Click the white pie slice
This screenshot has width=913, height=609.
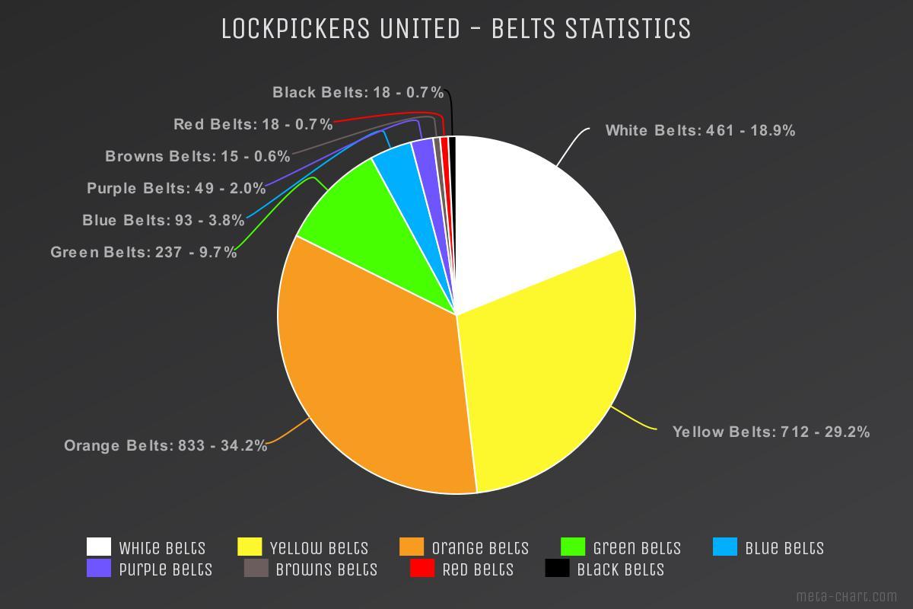click(525, 221)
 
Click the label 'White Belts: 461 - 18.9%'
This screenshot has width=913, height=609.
click(700, 131)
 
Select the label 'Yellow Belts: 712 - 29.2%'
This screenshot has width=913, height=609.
click(771, 432)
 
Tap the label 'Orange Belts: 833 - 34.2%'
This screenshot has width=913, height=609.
click(166, 446)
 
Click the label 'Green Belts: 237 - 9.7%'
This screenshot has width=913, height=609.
click(144, 252)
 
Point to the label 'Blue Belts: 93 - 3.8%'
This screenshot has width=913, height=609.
click(164, 221)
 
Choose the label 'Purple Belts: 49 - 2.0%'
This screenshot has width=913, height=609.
click(177, 188)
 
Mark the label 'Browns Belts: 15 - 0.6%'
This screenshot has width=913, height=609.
click(198, 157)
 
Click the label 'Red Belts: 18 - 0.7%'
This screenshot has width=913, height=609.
click(253, 124)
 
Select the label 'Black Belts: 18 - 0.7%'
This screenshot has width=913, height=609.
click(358, 93)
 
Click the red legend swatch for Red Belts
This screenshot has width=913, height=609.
click(422, 569)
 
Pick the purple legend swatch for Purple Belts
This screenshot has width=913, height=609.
click(99, 569)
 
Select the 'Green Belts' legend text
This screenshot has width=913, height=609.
click(637, 548)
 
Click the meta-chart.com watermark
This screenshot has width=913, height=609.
click(847, 596)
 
